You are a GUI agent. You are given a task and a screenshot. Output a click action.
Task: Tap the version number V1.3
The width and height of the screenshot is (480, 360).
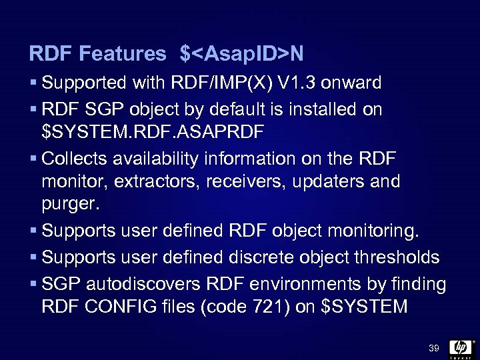[x=297, y=83]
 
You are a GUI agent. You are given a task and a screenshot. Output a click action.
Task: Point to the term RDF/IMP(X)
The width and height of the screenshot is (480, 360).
[x=222, y=83]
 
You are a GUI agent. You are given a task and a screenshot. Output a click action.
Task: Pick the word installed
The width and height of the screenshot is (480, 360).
[x=321, y=108]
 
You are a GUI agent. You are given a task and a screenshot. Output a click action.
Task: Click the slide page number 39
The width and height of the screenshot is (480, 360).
[x=433, y=347]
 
